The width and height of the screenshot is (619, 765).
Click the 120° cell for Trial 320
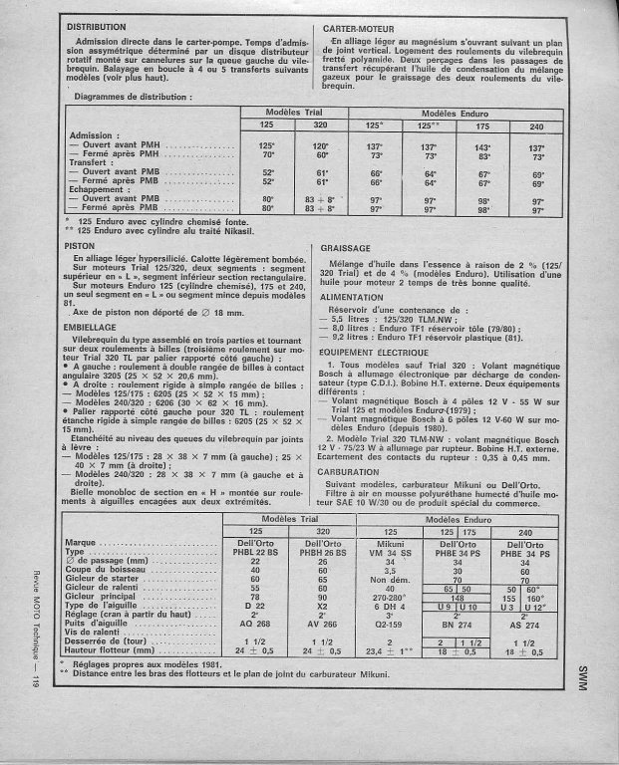pyautogui.click(x=294, y=145)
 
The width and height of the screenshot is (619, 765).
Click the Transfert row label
pyautogui.click(x=94, y=164)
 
